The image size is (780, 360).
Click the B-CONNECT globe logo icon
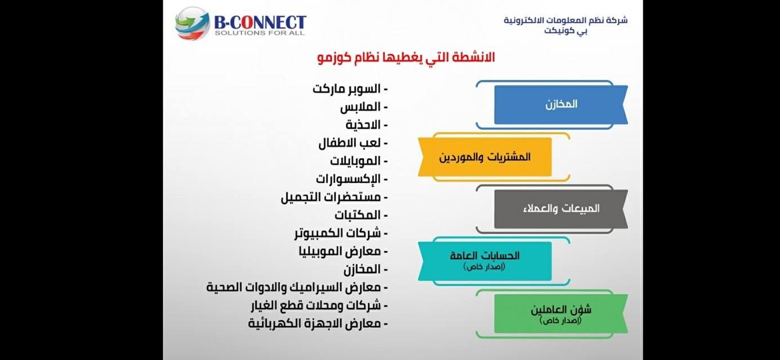192,23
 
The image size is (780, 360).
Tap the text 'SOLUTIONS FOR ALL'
259,33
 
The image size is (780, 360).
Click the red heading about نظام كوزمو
406,58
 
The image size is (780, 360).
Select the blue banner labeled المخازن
561,105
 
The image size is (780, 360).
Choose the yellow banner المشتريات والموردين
485,157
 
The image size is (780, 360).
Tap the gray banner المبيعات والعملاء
561,209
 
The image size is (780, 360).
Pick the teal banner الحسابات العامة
485,261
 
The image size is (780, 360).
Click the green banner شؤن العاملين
561,313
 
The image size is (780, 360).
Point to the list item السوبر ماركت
350,89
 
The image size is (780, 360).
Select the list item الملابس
364,107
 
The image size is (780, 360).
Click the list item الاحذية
367,125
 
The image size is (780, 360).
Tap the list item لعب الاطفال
353,143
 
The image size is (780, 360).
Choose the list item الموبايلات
359,161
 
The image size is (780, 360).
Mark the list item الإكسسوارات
352,179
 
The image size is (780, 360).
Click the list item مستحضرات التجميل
334,197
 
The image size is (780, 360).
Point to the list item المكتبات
361,215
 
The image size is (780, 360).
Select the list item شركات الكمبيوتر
341,233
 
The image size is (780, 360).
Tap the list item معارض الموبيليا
343,251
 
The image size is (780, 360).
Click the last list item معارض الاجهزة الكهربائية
318,323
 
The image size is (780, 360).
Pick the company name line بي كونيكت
566,31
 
